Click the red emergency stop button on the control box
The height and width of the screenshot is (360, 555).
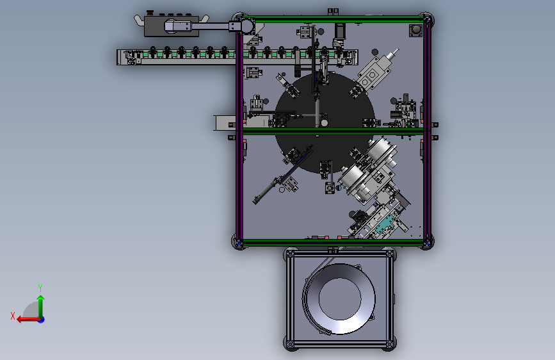click(150, 13)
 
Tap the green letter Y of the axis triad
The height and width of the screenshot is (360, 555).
click(40, 288)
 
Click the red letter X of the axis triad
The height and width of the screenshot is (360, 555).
click(13, 316)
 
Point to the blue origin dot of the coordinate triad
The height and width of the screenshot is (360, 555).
click(42, 320)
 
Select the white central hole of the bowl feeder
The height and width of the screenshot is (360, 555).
click(340, 299)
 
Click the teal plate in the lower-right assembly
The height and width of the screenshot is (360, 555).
click(385, 224)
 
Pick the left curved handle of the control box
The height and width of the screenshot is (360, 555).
click(139, 20)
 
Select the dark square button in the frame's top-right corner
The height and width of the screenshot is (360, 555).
click(415, 31)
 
